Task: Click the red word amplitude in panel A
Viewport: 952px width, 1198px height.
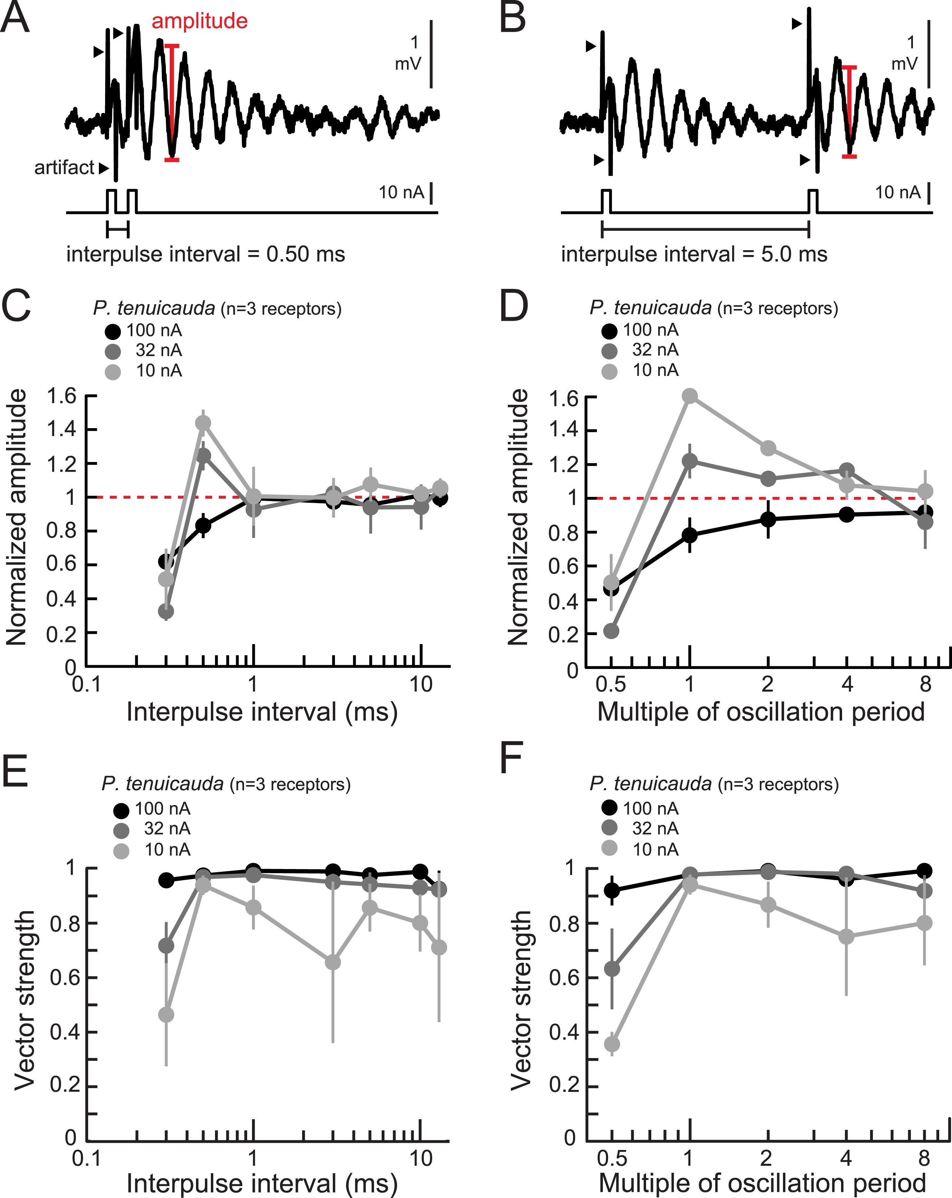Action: (x=199, y=21)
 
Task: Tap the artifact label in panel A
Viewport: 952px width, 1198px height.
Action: (x=64, y=167)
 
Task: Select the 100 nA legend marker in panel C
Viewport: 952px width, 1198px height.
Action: (x=113, y=332)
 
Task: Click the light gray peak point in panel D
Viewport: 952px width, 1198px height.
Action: (x=690, y=396)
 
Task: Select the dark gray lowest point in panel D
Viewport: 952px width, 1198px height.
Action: (x=611, y=631)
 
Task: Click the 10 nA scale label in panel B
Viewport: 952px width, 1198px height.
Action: (x=897, y=193)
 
